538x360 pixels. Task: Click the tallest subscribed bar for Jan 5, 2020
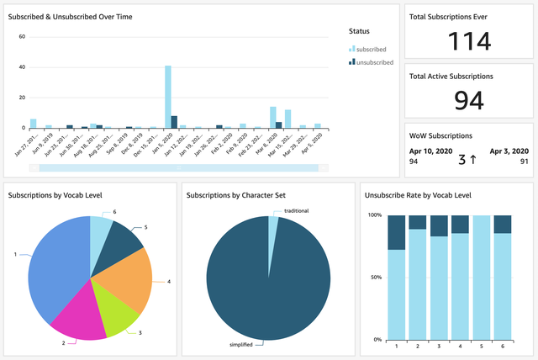pyautogui.click(x=168, y=97)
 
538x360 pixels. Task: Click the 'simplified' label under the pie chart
pyautogui.click(x=243, y=344)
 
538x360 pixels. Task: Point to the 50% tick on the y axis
pyautogui.click(x=374, y=277)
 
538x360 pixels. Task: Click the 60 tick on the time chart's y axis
pyautogui.click(x=22, y=37)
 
